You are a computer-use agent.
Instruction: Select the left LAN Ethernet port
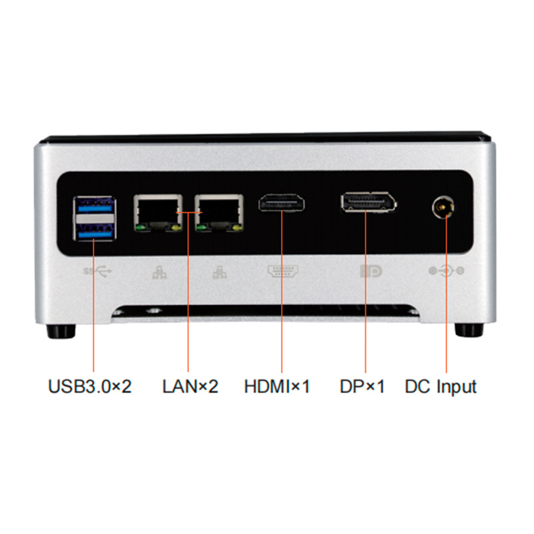pos(158,212)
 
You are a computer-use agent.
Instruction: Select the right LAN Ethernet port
pos(219,212)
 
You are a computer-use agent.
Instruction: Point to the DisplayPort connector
pos(367,203)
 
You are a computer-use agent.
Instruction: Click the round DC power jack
pos(443,208)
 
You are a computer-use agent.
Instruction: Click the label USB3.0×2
pos(89,386)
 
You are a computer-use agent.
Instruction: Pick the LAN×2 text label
pos(190,386)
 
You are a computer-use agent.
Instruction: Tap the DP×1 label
pos(362,386)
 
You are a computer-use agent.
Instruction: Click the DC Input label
pos(441,386)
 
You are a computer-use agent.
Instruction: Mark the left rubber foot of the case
pos(61,330)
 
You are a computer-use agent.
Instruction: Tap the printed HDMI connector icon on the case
pos(282,272)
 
